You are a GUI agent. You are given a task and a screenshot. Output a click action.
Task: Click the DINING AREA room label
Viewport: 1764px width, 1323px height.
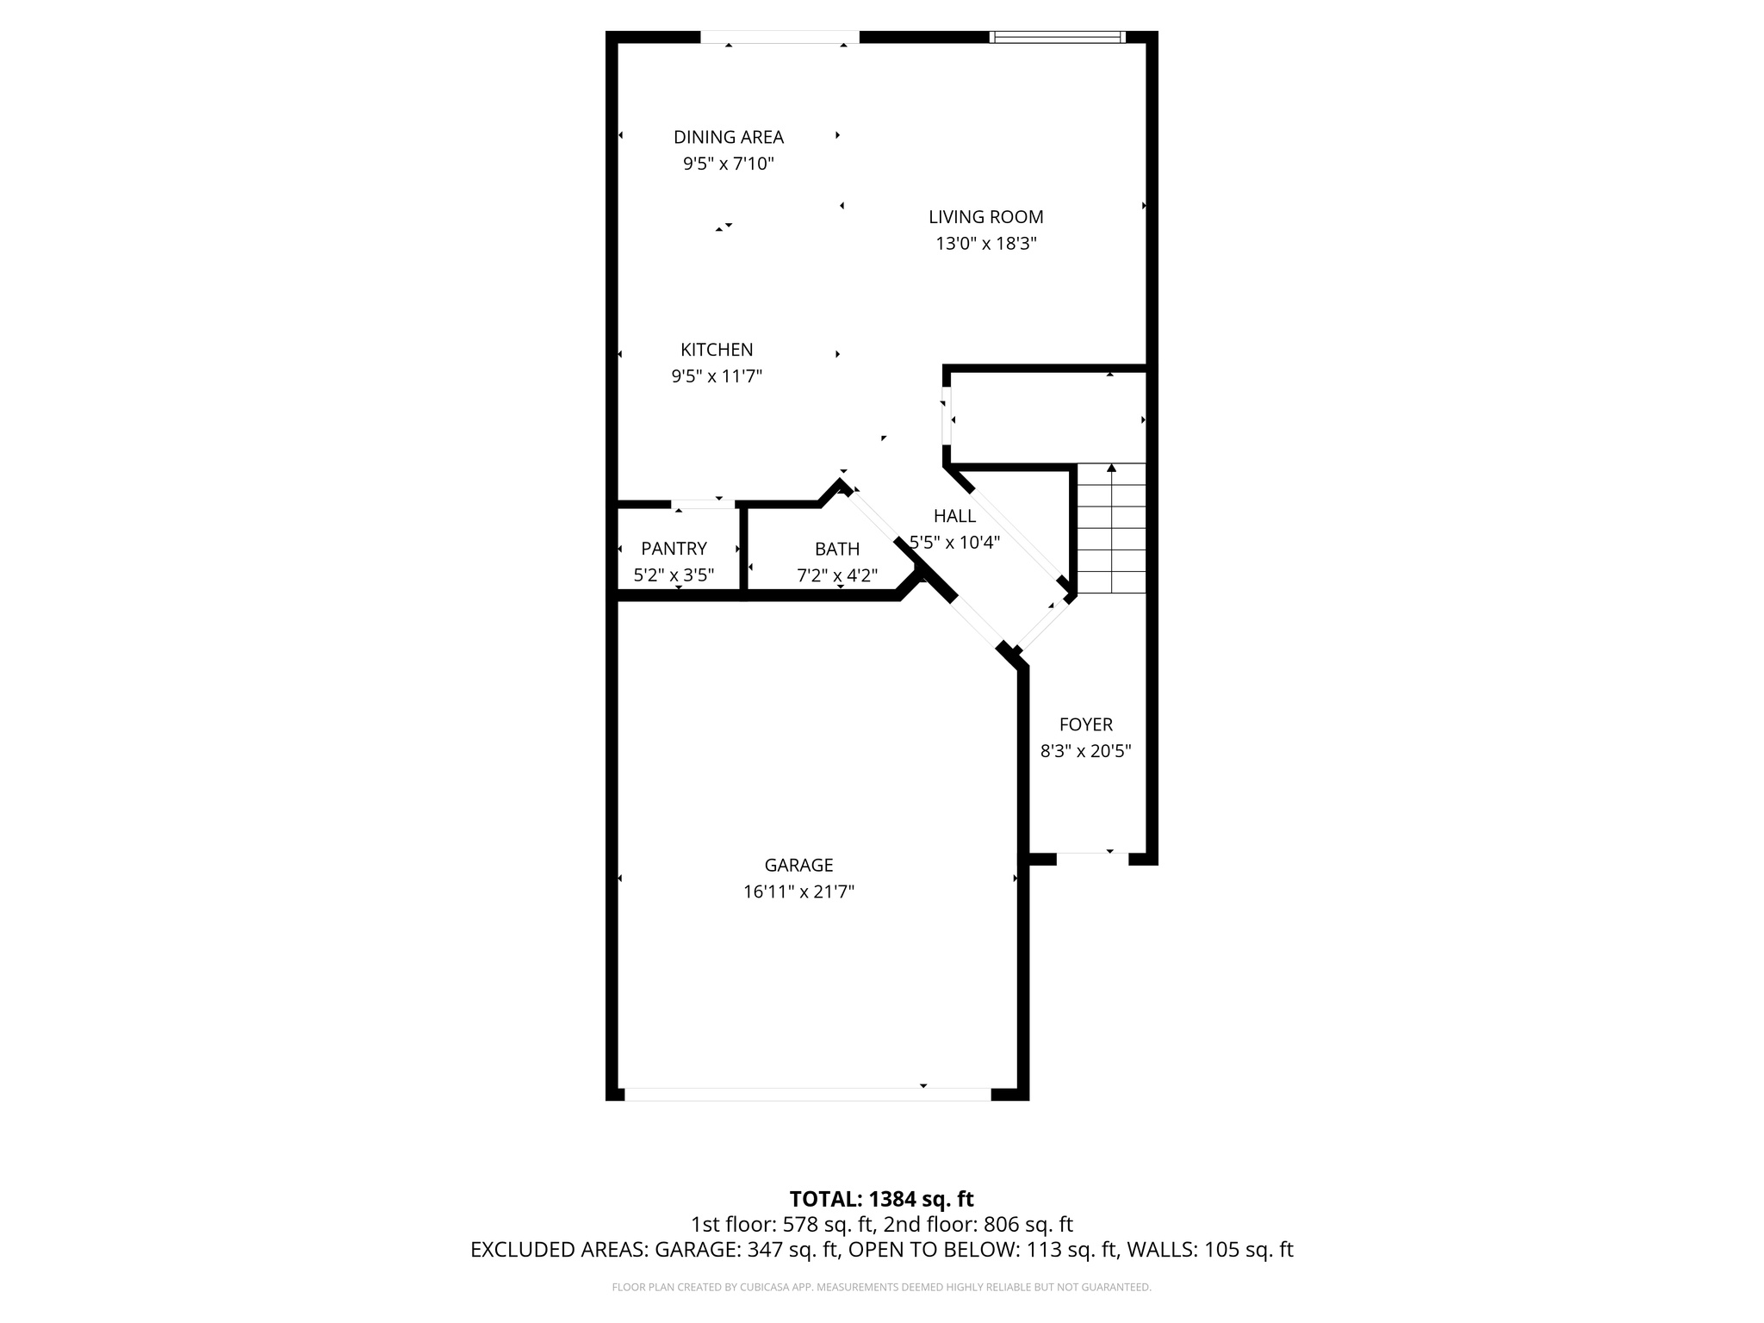click(x=728, y=137)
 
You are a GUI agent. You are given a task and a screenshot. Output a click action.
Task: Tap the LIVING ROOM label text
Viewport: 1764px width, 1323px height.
click(x=985, y=217)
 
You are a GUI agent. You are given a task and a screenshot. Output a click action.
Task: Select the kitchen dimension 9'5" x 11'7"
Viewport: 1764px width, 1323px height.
click(x=717, y=376)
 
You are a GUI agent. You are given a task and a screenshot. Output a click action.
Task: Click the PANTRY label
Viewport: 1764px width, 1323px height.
click(x=674, y=549)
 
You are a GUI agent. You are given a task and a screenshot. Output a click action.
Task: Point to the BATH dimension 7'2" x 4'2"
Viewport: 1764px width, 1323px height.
click(x=837, y=575)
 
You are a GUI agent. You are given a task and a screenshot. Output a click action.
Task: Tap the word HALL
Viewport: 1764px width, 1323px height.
click(x=954, y=516)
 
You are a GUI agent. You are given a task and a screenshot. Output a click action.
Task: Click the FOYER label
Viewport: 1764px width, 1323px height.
click(x=1085, y=724)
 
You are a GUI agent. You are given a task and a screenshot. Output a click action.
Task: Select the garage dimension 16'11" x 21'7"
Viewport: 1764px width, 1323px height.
click(x=798, y=891)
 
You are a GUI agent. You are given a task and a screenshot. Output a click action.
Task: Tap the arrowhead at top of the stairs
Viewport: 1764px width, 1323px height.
click(x=1111, y=468)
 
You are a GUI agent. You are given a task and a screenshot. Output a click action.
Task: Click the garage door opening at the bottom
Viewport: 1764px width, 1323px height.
click(x=807, y=1094)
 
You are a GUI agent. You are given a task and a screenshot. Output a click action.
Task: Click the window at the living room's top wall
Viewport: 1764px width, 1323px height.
click(x=1057, y=37)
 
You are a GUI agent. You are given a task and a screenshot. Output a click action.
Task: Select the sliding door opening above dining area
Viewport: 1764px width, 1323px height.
click(x=780, y=37)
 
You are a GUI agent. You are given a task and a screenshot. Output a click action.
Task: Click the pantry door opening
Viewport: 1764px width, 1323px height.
click(x=703, y=504)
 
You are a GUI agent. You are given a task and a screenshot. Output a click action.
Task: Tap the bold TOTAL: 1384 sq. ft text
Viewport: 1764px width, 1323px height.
click(x=881, y=1199)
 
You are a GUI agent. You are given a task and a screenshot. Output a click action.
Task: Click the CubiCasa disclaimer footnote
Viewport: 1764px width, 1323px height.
click(x=881, y=1287)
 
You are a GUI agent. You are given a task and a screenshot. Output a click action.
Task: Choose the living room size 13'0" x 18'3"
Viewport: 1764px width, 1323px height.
click(x=985, y=244)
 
